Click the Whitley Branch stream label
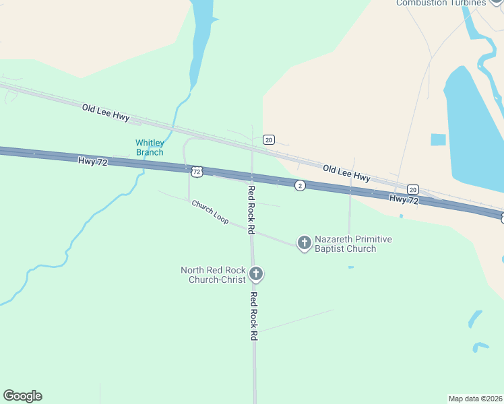(x=150, y=147)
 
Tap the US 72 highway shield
(x=196, y=172)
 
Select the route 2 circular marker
(x=300, y=185)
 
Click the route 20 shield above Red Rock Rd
(x=269, y=139)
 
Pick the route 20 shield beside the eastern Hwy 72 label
(x=413, y=189)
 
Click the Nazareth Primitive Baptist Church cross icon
(x=305, y=242)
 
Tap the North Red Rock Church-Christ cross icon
(x=255, y=274)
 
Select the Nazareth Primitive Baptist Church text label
(x=354, y=244)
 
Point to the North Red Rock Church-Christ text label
(x=213, y=275)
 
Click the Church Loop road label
(x=210, y=211)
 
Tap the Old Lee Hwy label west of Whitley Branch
(x=106, y=112)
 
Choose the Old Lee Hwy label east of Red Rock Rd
(x=346, y=173)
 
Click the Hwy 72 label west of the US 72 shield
(x=93, y=162)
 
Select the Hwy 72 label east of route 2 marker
(x=404, y=199)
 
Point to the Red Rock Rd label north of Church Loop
(x=251, y=209)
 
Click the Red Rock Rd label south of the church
(x=254, y=316)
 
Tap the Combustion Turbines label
(x=441, y=3)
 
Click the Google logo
(x=22, y=396)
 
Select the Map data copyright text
(x=476, y=398)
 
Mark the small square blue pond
(x=438, y=139)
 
